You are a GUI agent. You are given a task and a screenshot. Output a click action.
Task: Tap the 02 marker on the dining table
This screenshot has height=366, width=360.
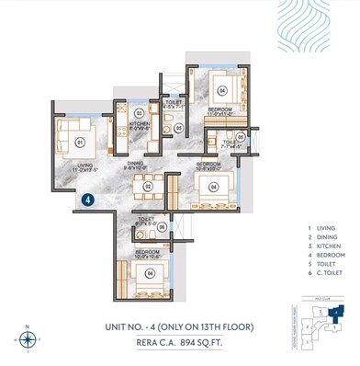(x=146, y=187)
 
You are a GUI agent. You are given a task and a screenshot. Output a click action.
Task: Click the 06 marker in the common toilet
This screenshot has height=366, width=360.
(x=162, y=226)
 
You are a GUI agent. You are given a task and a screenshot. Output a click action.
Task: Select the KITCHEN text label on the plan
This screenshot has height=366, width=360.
(x=139, y=123)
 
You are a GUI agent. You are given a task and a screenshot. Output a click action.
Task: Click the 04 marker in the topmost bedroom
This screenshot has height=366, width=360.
(x=221, y=91)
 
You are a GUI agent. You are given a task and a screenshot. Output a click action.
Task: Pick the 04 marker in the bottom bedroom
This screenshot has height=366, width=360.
(x=149, y=271)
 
